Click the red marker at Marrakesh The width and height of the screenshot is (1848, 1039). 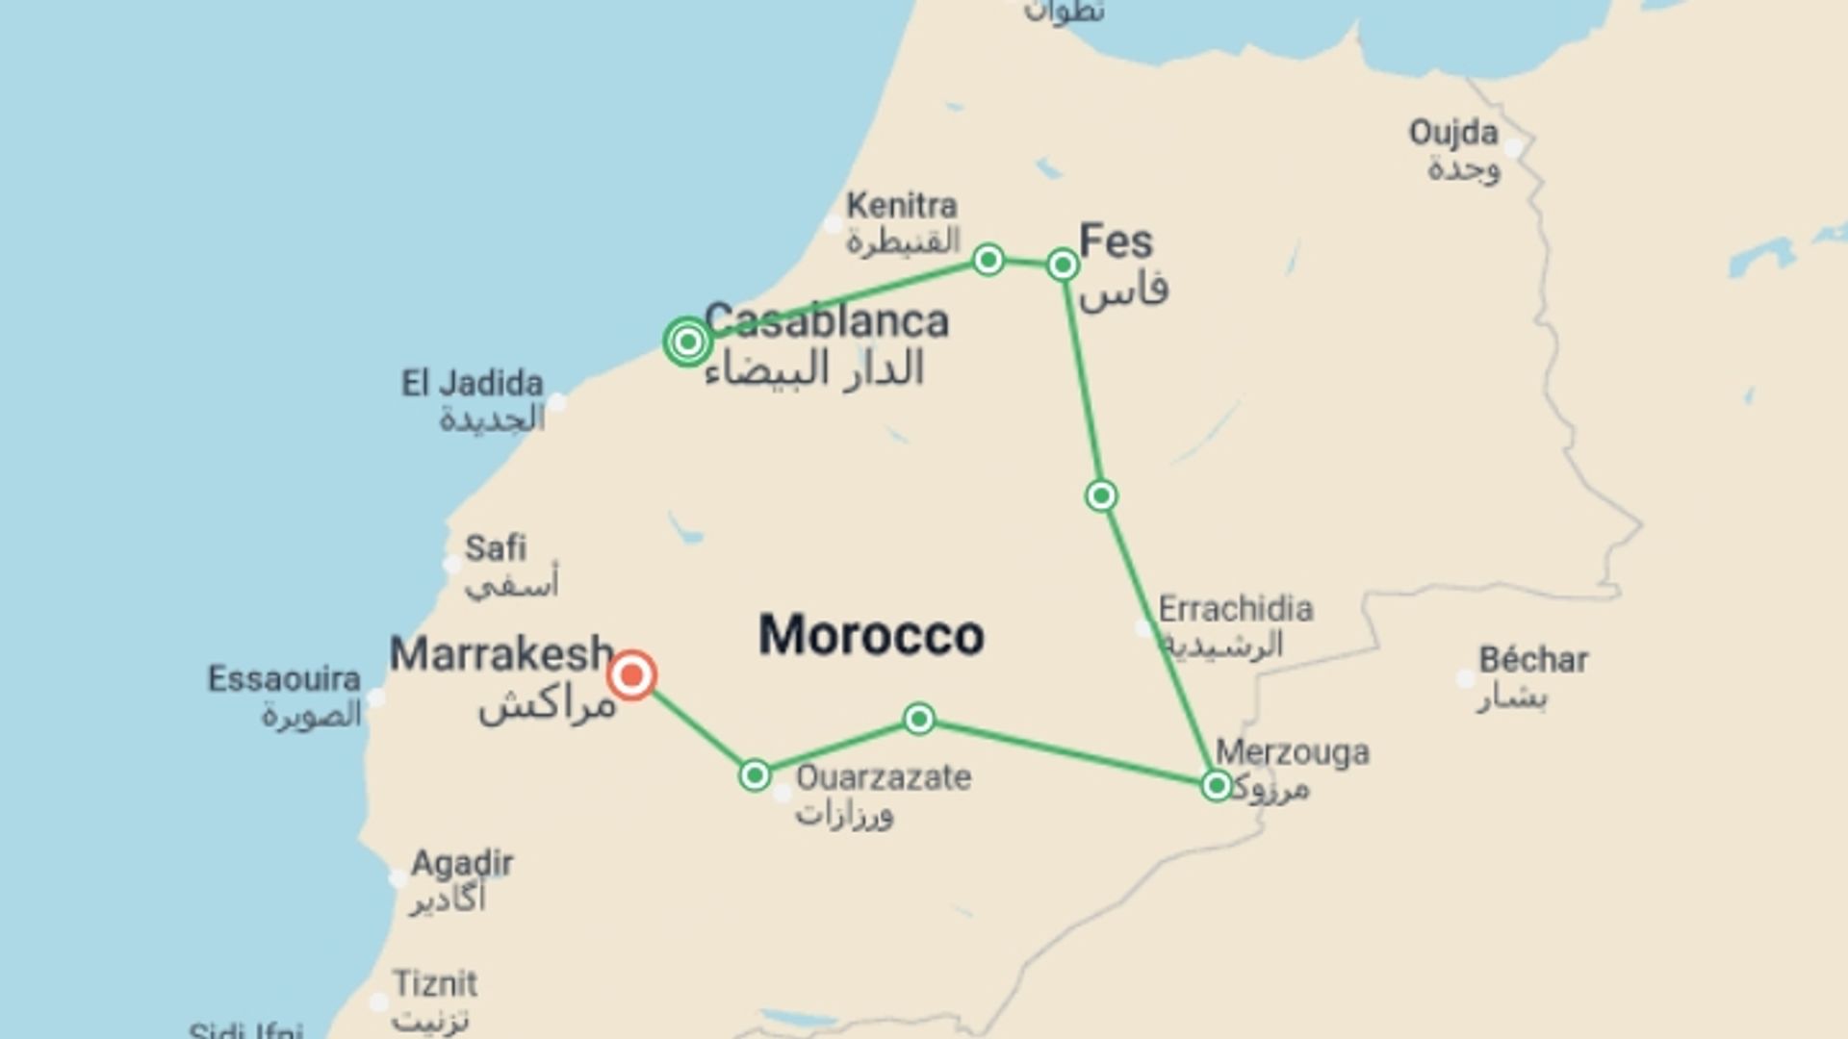[x=632, y=675]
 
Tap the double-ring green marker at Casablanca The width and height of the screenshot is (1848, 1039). [x=687, y=342]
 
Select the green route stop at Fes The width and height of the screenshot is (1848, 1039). [x=1062, y=265]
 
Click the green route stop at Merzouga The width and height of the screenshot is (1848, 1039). [x=1217, y=786]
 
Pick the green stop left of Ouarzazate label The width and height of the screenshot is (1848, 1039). [x=756, y=775]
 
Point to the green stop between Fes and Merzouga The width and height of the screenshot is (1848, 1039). [x=1101, y=495]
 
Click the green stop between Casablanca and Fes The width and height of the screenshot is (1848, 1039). [x=988, y=260]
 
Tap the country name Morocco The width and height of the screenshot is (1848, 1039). [x=871, y=635]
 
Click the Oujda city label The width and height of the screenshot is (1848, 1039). [x=1453, y=133]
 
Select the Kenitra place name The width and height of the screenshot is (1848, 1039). [x=902, y=205]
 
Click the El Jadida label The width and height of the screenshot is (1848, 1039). [x=472, y=384]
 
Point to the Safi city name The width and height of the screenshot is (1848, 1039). [x=496, y=548]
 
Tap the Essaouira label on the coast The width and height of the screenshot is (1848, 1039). [x=284, y=679]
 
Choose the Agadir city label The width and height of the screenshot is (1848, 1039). [x=462, y=863]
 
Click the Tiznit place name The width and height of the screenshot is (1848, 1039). [x=435, y=984]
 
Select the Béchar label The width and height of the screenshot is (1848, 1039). [x=1533, y=660]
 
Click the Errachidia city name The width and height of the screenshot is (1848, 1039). [x=1236, y=609]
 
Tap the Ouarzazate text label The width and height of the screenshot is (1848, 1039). [x=884, y=777]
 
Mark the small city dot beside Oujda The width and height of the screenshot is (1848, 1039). [x=1514, y=148]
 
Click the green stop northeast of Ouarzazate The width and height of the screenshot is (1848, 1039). [x=919, y=719]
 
